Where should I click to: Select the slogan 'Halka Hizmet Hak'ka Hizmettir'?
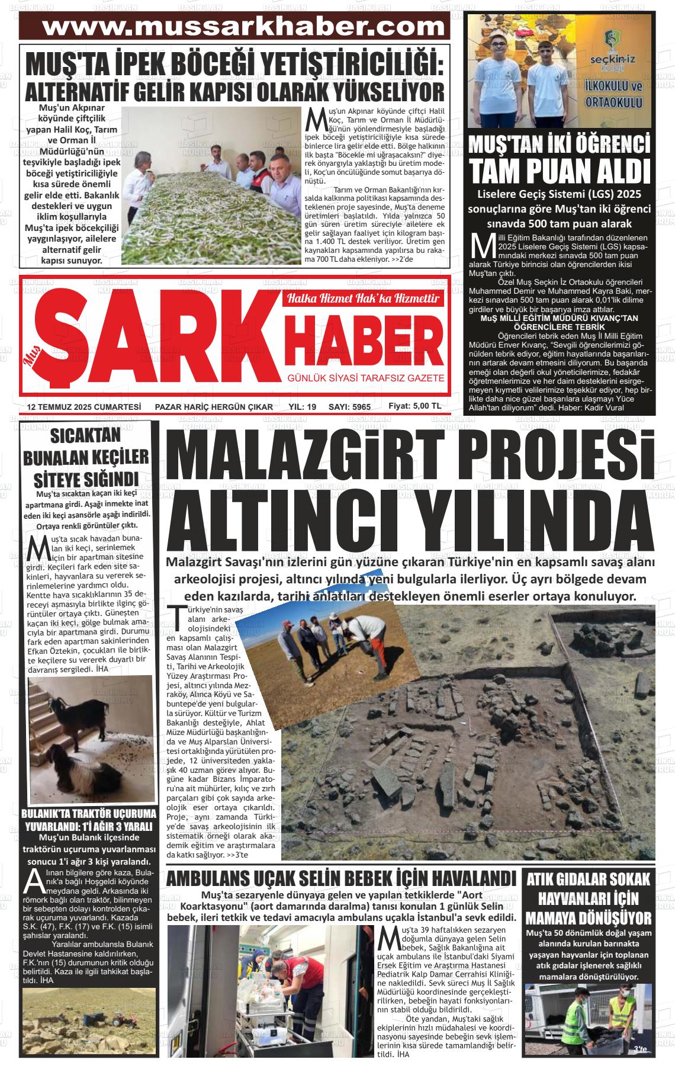[365, 298]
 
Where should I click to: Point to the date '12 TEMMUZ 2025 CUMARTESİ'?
[83, 407]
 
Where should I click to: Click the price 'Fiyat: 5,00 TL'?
[414, 406]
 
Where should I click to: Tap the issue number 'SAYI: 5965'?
[349, 407]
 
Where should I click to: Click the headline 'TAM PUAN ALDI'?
[560, 171]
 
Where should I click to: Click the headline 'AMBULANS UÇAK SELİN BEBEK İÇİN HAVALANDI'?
[341, 878]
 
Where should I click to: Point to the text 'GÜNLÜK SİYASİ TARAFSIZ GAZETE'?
[365, 378]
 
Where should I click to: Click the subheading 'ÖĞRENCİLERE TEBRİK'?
[560, 326]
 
